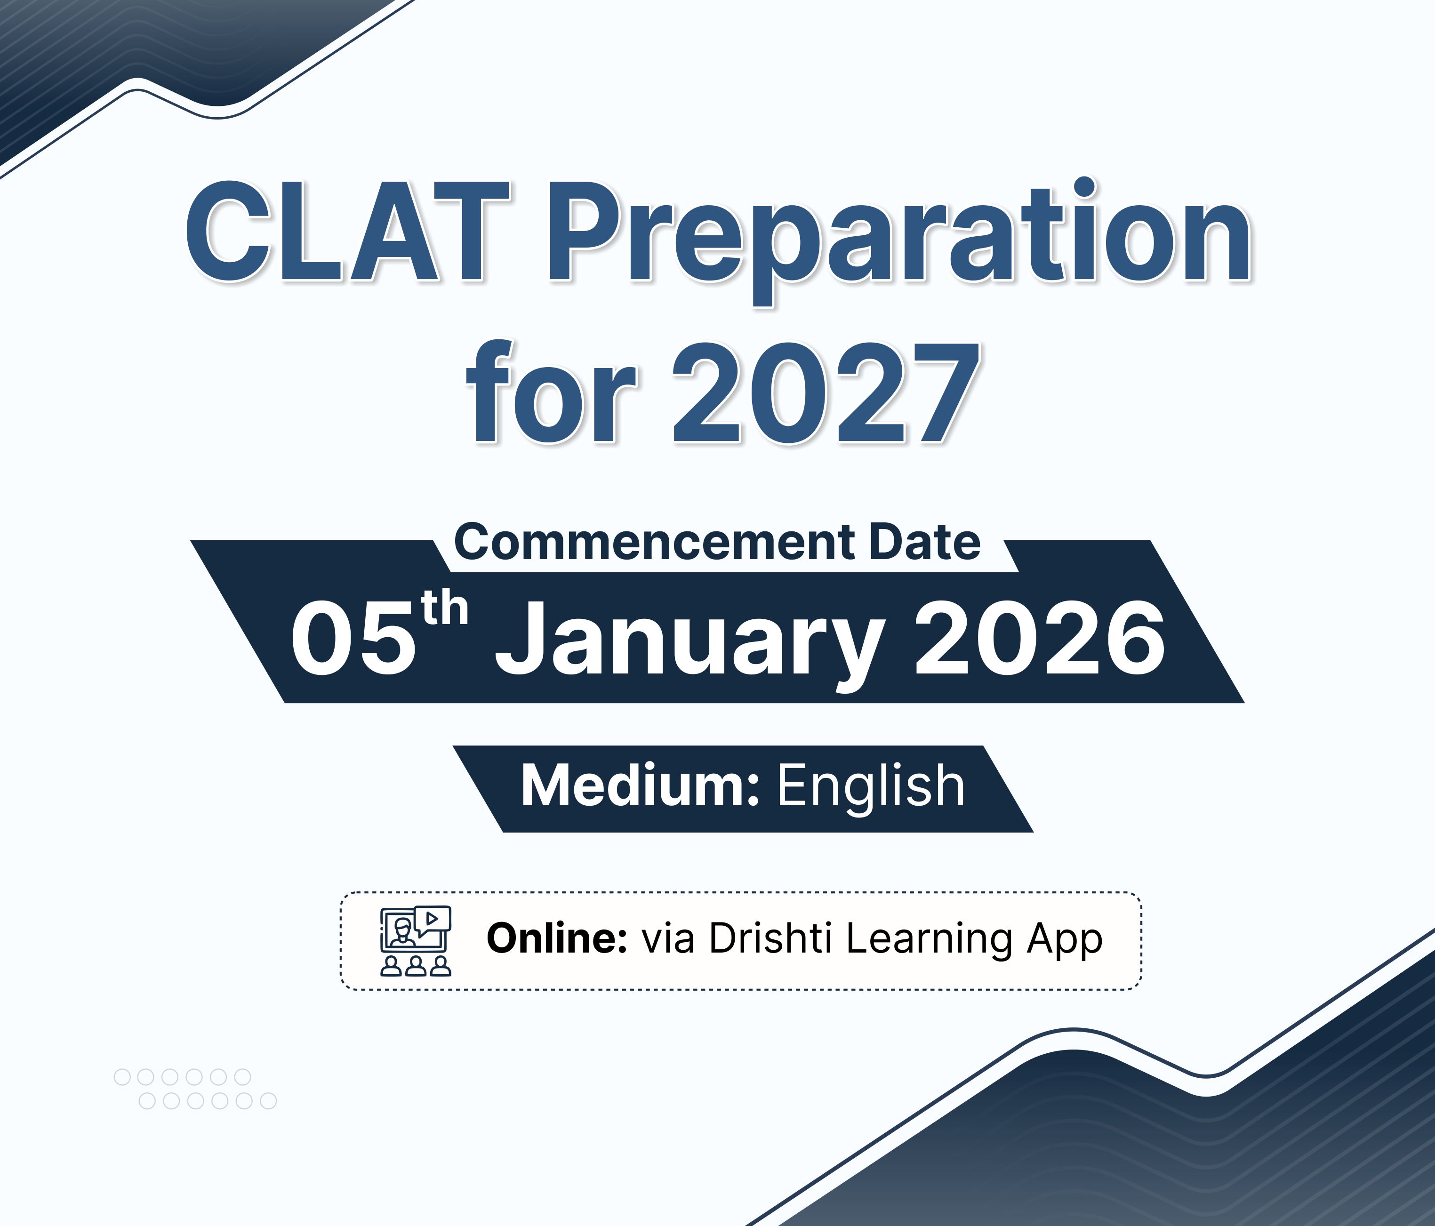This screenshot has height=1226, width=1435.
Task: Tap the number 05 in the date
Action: pyautogui.click(x=353, y=637)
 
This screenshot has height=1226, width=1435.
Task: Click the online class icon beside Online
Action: pyautogui.click(x=416, y=941)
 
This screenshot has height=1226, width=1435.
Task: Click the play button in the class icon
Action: pyautogui.click(x=432, y=919)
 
